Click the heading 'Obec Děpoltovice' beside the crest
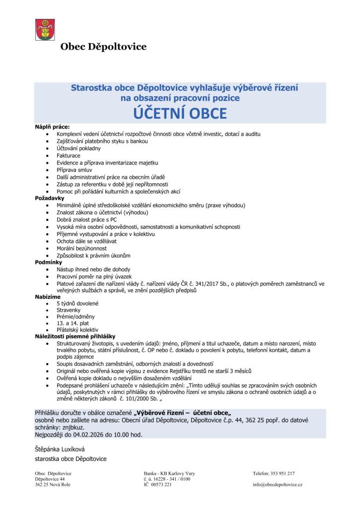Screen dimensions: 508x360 [x=103, y=47]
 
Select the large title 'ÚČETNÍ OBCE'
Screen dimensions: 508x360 [x=180, y=114]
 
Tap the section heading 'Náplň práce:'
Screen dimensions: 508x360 [x=52, y=127]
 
